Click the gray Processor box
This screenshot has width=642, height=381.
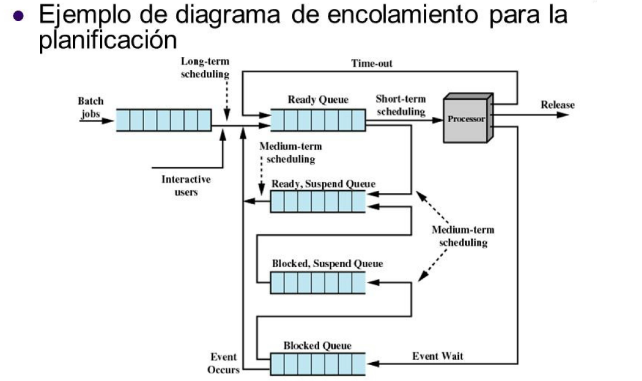pos(467,119)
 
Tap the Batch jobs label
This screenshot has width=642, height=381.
pos(90,107)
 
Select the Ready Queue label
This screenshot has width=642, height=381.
pos(317,100)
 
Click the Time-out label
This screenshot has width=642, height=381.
pos(372,63)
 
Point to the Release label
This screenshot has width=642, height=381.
pos(557,105)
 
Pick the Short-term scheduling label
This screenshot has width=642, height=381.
pos(400,105)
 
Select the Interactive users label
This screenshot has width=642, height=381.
pos(186,186)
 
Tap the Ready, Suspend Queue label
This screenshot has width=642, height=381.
pos(323,184)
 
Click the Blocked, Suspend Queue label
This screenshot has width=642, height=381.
pos(327,264)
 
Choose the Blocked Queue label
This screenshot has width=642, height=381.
pos(317,346)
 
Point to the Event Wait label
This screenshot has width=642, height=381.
pos(437,356)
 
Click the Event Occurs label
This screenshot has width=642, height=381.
pos(223,363)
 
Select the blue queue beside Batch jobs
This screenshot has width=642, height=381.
pos(163,120)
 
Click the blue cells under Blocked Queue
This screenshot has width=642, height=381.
pos(317,364)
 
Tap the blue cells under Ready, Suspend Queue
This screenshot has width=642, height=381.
pos(317,202)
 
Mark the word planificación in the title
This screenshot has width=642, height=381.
pos(108,39)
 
